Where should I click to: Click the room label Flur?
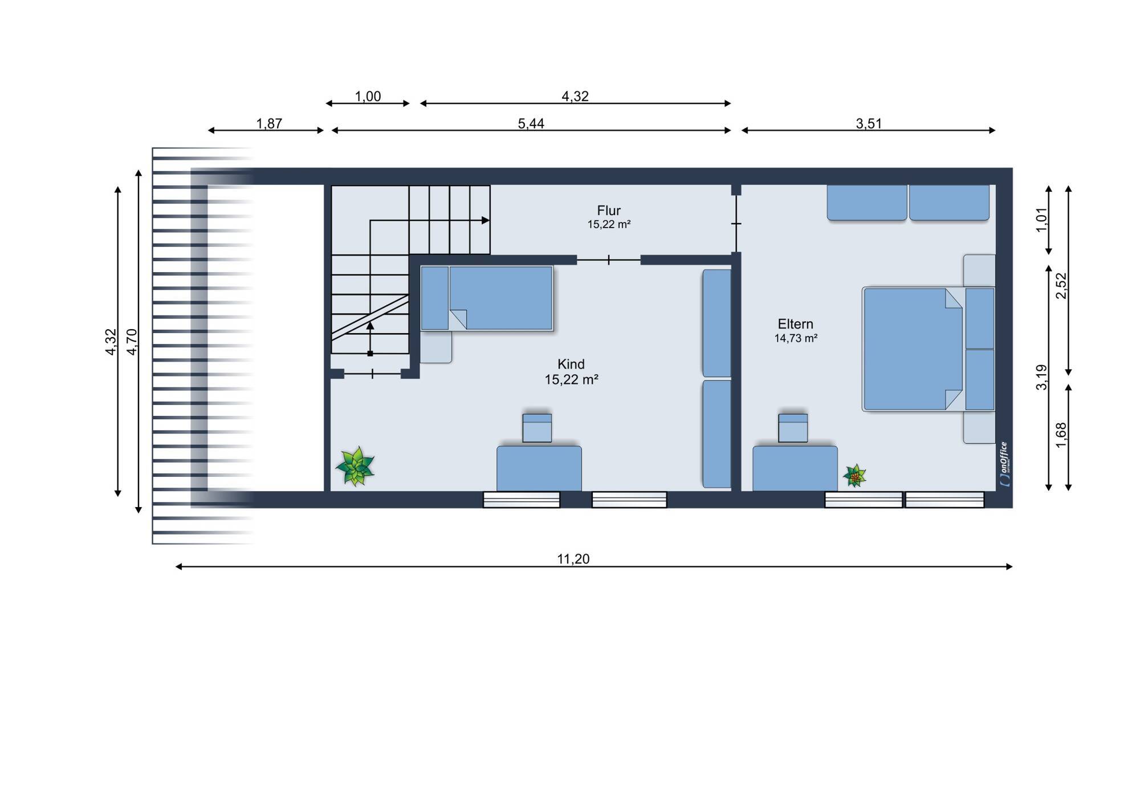609,210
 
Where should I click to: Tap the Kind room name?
571,364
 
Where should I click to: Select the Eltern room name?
796,324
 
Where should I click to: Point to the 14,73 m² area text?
796,338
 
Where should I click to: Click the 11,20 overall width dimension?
573,559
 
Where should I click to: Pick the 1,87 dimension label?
269,123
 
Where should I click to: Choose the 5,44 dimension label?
531,123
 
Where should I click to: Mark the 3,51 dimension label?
869,123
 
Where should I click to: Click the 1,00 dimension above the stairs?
368,96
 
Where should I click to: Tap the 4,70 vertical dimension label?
132,342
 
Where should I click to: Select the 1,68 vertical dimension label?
1061,435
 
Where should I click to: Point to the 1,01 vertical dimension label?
1041,220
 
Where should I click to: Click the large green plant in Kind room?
355,467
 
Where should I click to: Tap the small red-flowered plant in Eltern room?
855,476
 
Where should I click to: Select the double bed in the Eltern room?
929,349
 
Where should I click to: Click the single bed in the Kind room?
487,298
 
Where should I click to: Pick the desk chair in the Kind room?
537,428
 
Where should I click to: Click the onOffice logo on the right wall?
1004,464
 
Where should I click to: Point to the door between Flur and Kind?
609,260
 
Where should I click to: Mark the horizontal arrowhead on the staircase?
486,220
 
